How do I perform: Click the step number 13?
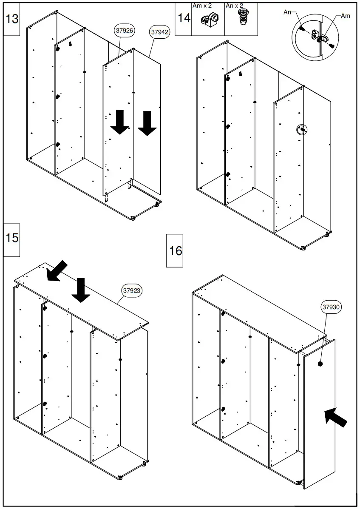12,19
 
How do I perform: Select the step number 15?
12,238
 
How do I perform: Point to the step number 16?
175,250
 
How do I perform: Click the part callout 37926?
125,31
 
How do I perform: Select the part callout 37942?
159,32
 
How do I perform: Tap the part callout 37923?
132,291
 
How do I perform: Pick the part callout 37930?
332,307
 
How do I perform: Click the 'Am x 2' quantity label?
202,6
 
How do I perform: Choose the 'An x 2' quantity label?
235,6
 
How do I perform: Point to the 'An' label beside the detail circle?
287,12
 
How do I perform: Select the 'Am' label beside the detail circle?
346,16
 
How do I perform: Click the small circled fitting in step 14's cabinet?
302,130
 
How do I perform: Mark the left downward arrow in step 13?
120,122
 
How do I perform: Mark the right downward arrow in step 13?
147,123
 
